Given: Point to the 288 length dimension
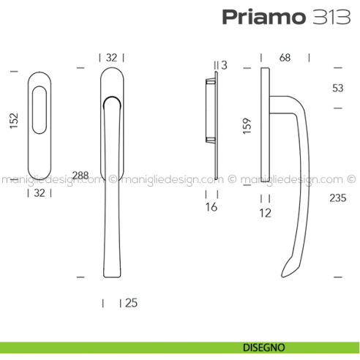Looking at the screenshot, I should pos(80,176).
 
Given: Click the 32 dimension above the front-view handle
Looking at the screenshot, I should pos(112,57).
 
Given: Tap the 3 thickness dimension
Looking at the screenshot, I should pos(224,66).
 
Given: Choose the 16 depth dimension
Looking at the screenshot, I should pos(212,208).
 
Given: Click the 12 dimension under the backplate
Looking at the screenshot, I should pos(265,213).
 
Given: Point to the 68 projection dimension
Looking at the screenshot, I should pos(285,57).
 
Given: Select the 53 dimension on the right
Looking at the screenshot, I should pos(337,89).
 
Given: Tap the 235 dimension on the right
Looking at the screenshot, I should pos(337,198).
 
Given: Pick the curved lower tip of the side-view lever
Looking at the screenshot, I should pos(289,269).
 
